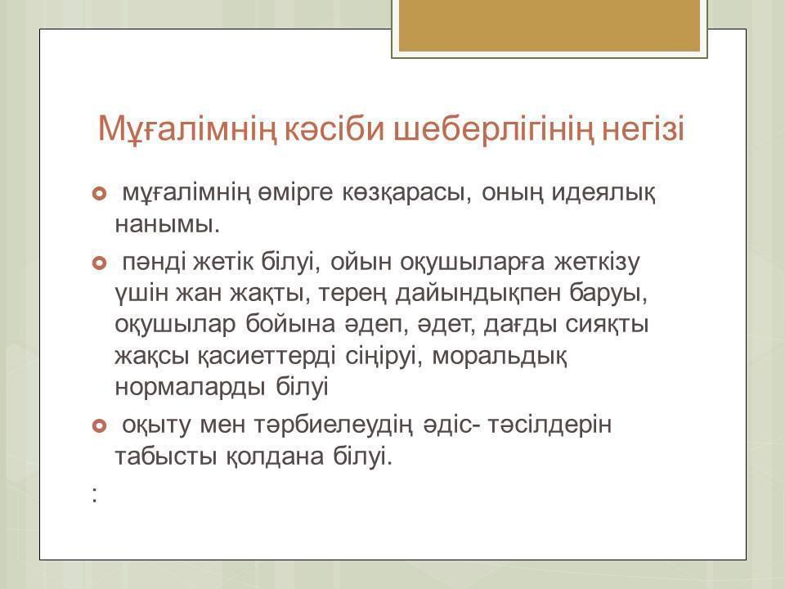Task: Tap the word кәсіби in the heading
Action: click(x=335, y=128)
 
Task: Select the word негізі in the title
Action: click(x=643, y=128)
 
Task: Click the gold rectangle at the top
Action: click(x=549, y=25)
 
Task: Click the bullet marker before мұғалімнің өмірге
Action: click(x=100, y=193)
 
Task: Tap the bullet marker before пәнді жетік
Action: click(x=100, y=263)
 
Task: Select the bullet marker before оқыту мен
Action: click(x=100, y=425)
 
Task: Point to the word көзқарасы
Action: click(x=406, y=193)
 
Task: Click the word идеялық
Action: click(x=603, y=193)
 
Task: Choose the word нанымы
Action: click(x=167, y=224)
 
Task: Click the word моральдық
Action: click(x=499, y=357)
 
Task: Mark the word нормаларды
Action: click(x=190, y=388)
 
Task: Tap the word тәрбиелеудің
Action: click(x=334, y=425)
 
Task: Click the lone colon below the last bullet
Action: click(x=95, y=496)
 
